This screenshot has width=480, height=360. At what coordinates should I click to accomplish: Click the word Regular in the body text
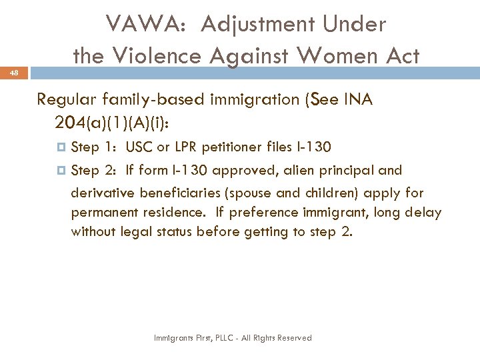click(x=64, y=100)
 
